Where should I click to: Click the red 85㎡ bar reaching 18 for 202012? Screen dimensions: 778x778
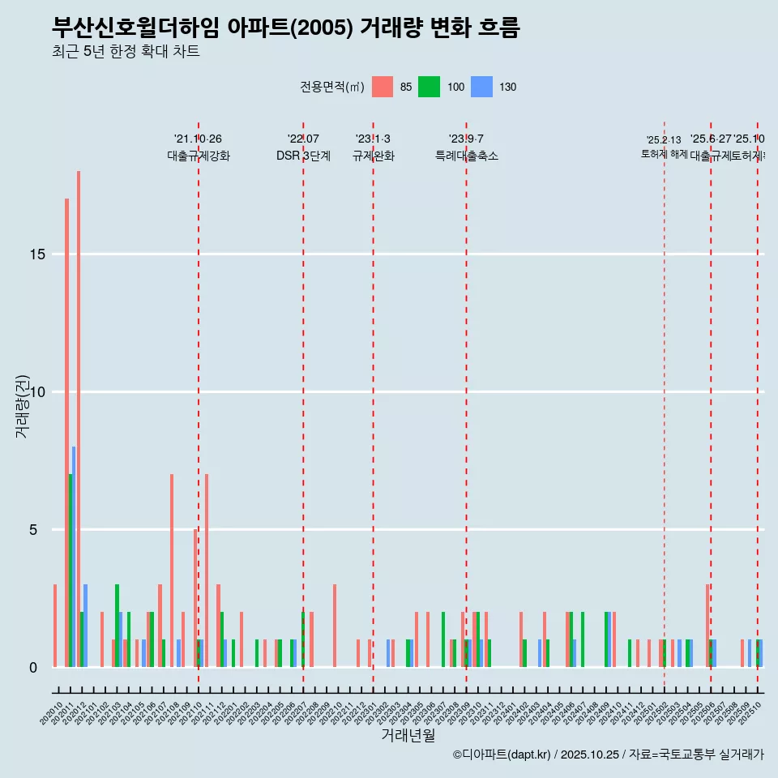click(x=79, y=419)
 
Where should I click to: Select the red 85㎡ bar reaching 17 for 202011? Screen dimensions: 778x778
click(x=66, y=433)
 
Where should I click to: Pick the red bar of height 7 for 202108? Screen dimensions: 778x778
click(x=172, y=571)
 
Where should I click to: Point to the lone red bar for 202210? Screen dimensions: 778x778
click(x=335, y=626)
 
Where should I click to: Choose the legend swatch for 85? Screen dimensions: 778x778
click(x=383, y=87)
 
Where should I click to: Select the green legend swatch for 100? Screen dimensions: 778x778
click(x=429, y=87)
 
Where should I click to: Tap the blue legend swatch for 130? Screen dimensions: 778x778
click(x=481, y=87)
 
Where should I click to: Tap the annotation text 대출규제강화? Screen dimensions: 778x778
click(x=199, y=156)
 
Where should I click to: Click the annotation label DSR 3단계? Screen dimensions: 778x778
click(x=303, y=156)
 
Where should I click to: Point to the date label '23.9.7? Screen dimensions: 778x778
click(x=466, y=139)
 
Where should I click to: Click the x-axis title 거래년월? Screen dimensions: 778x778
click(x=408, y=735)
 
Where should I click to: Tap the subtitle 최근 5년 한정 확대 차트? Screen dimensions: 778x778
click(x=126, y=52)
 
